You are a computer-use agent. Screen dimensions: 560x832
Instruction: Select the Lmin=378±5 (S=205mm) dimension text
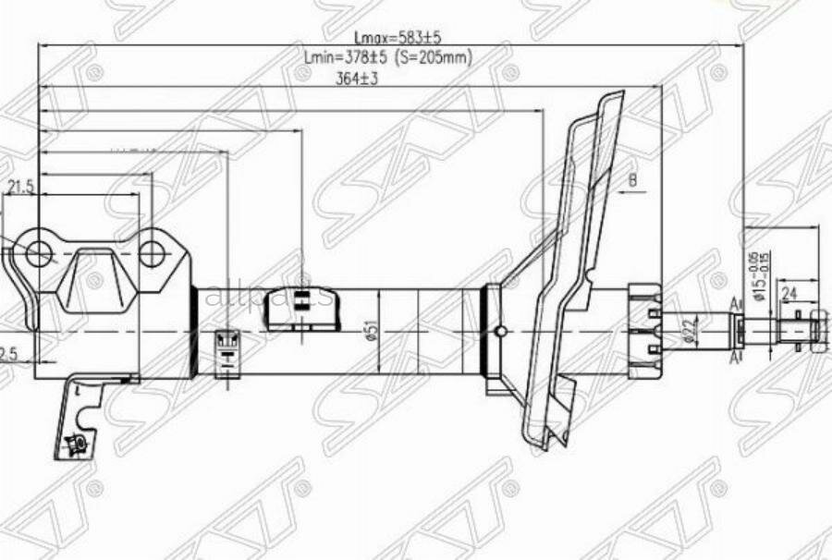coord(388,57)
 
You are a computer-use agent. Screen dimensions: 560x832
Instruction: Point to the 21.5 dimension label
coord(20,188)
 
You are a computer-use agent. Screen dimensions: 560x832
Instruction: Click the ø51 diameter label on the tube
coord(370,330)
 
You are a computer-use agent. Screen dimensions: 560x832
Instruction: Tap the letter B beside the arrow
coord(633,179)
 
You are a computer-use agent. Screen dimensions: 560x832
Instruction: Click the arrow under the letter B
coord(629,192)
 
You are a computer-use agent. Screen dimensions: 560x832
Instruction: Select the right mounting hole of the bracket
coord(152,252)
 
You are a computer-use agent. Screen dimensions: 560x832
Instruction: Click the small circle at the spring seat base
coord(500,332)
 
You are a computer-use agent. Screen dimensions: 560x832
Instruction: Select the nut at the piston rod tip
coord(817,329)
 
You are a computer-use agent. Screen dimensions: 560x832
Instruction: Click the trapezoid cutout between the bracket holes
coord(95,277)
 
